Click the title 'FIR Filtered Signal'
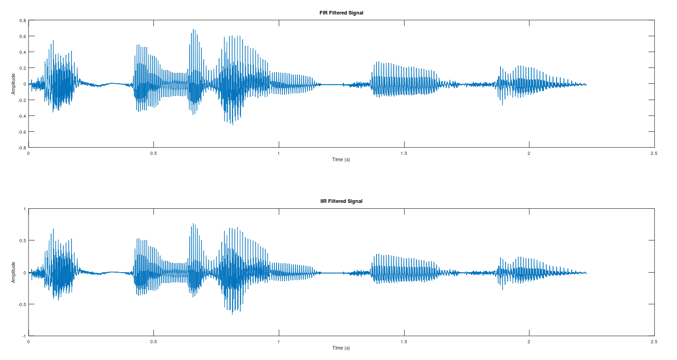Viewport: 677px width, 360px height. [341, 13]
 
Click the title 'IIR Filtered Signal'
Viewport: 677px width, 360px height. [341, 201]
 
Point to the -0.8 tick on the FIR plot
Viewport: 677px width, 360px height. [21, 148]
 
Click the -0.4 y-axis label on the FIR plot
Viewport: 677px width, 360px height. [21, 116]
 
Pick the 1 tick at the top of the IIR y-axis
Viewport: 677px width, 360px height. [24, 209]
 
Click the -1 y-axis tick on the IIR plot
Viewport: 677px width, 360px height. [24, 336]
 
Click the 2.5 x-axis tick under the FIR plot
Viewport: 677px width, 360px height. [653, 154]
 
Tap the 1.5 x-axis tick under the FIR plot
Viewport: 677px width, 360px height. [404, 154]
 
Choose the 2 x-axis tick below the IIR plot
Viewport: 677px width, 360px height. [529, 342]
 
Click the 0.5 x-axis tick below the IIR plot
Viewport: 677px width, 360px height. [153, 342]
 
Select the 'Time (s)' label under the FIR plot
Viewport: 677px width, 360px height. [341, 159]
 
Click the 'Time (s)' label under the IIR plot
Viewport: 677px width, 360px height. [341, 348]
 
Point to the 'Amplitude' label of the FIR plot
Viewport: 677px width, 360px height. [14, 84]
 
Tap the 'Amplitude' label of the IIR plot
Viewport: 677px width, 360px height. [14, 272]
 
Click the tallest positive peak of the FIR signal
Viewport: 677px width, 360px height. [193, 29]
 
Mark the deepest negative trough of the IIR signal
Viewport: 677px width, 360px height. [233, 314]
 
